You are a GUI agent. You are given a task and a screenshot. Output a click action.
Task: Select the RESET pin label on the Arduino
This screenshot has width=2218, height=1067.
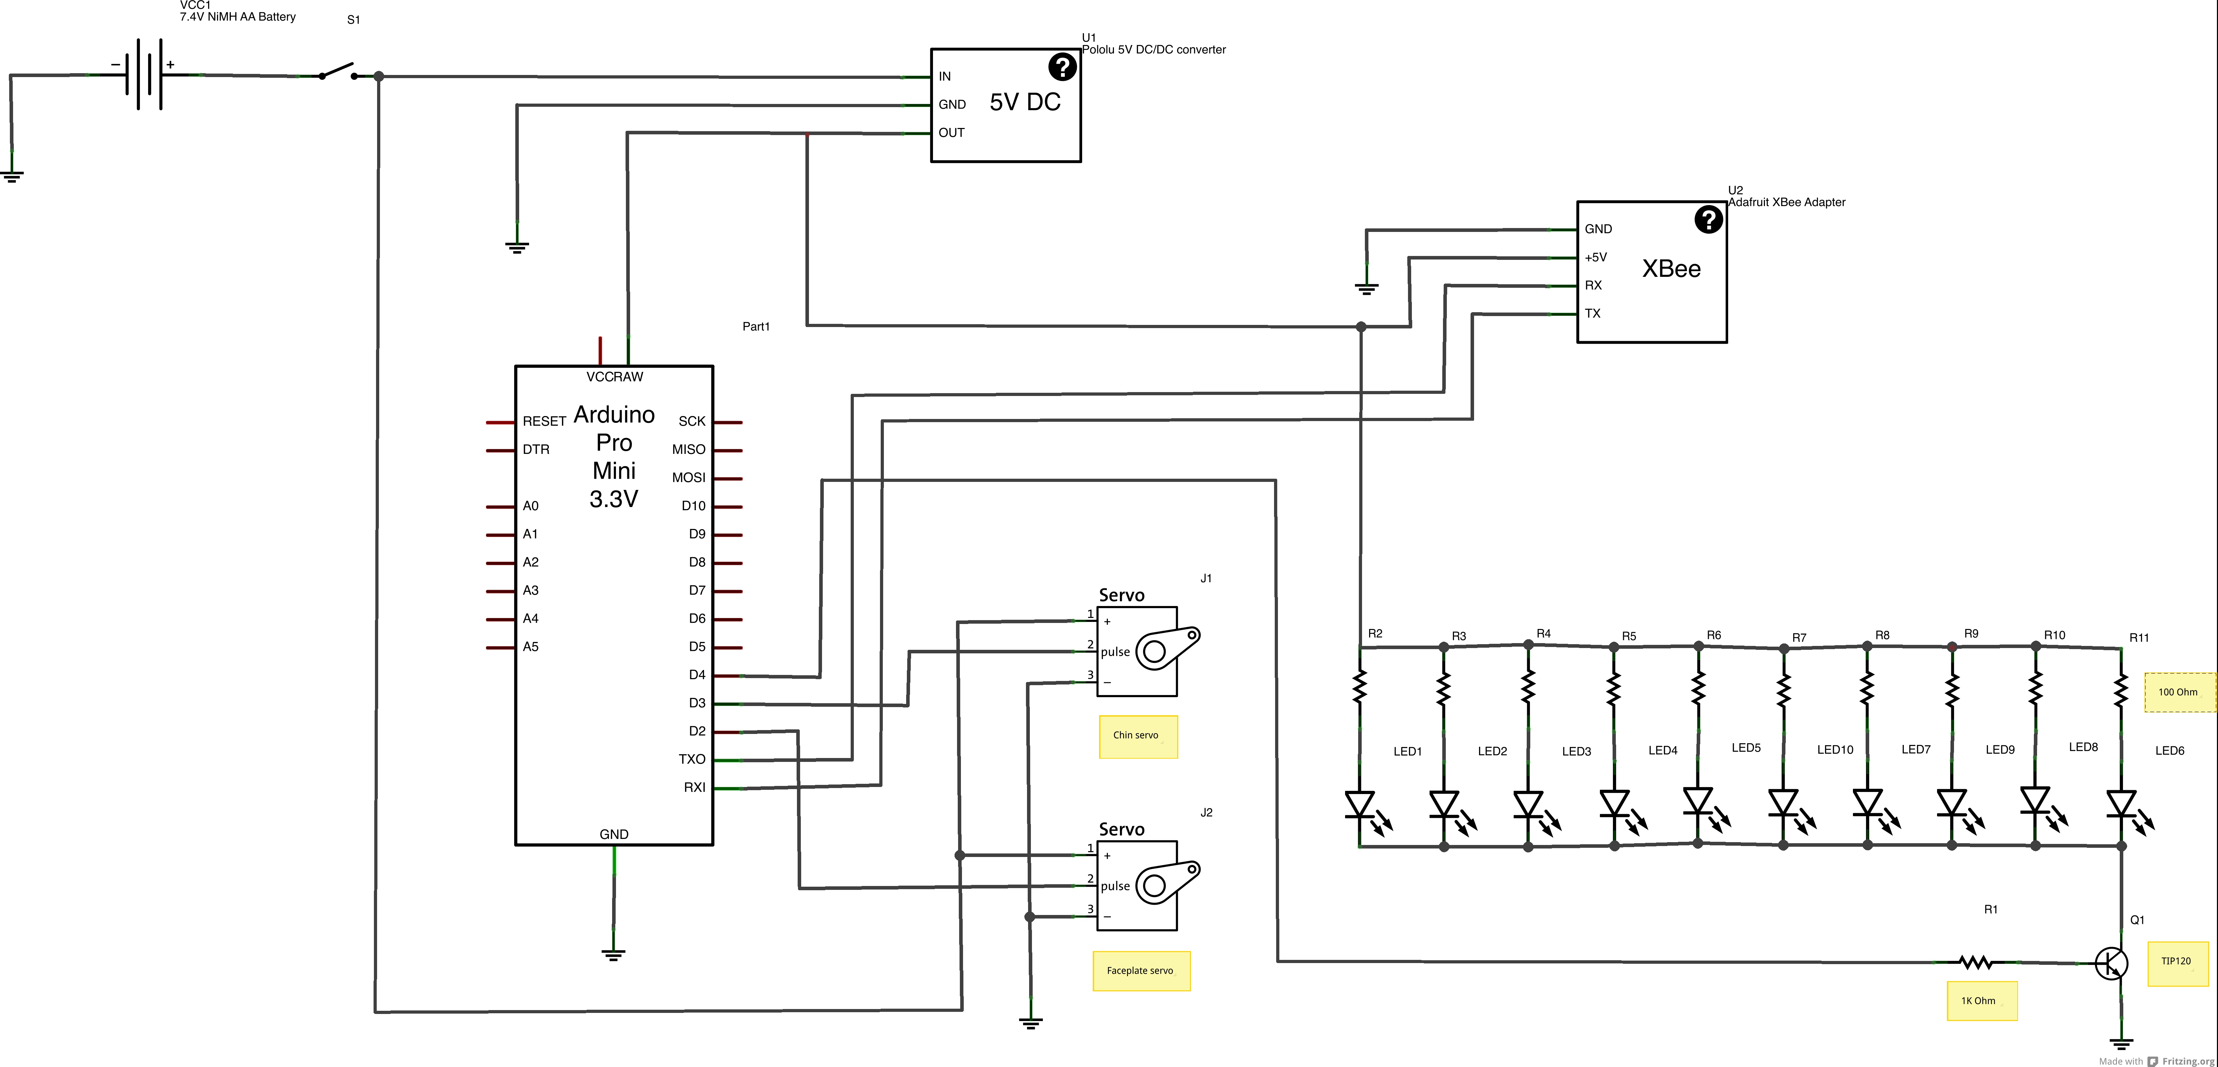(543, 421)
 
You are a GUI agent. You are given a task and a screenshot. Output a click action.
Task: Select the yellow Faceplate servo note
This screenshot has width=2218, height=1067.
(1141, 970)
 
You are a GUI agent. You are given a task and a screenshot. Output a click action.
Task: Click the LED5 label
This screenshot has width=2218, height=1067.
(1745, 747)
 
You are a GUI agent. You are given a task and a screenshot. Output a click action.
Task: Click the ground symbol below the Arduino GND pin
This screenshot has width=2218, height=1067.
(613, 953)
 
